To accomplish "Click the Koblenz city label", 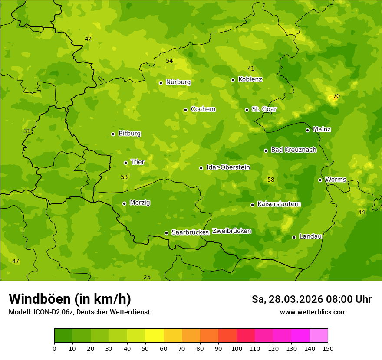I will click(250, 79).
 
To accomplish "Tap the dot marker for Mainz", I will click(307, 130).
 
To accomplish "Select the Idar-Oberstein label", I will click(228, 167).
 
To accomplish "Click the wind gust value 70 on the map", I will click(336, 96).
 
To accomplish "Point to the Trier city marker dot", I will click(126, 163).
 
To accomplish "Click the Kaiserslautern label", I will click(279, 204).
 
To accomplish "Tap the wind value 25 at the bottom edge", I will click(147, 277).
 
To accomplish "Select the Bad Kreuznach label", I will click(293, 150).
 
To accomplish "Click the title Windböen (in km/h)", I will click(70, 299).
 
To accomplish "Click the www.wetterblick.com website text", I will click(313, 312).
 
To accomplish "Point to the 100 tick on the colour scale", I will click(237, 348).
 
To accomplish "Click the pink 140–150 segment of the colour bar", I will click(319, 336).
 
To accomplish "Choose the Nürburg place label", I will click(178, 82).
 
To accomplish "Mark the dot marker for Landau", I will click(294, 237).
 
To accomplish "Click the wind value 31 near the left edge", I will click(27, 131).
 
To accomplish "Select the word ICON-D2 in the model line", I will click(47, 312).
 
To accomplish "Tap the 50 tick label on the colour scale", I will click(145, 348).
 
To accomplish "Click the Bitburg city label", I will click(129, 134).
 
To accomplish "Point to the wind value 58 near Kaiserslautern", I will click(271, 180).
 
